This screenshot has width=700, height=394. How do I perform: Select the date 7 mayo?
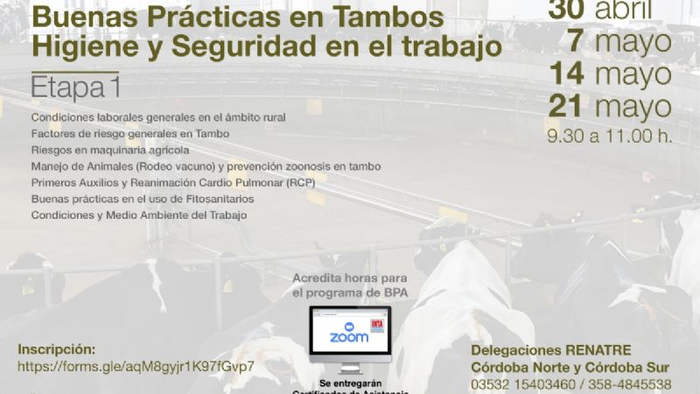[619, 41]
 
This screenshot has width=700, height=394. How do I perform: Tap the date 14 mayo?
[610, 75]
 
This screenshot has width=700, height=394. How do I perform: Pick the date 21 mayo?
[610, 108]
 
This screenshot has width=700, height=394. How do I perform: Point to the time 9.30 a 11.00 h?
[609, 137]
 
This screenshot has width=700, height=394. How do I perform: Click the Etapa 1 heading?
[74, 88]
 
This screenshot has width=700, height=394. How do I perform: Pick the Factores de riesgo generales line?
[129, 134]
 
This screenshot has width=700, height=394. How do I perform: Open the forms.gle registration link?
[136, 365]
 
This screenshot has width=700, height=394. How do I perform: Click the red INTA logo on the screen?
[377, 325]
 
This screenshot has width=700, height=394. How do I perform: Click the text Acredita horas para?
[350, 278]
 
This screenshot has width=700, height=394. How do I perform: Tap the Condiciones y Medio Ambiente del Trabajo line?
[139, 215]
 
